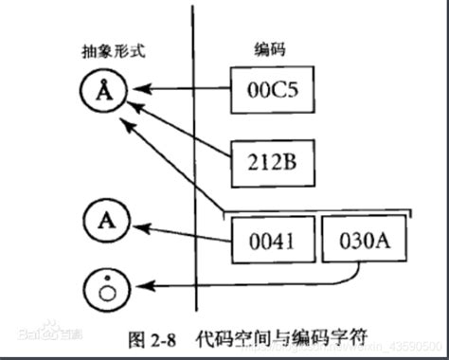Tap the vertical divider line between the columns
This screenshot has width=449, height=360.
pos(195,171)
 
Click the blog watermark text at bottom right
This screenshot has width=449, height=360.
pos(398,343)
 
